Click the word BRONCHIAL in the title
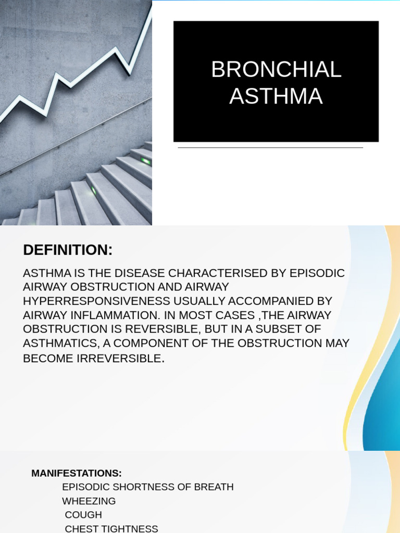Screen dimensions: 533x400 click(x=276, y=70)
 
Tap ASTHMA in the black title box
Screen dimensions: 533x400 click(x=276, y=97)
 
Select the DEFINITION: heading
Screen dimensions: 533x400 click(x=68, y=250)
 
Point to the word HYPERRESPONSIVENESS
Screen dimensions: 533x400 click(x=97, y=301)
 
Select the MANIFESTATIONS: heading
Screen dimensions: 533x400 click(x=77, y=473)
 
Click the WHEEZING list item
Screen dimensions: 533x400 click(x=89, y=501)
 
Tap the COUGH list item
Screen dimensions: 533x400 click(x=83, y=515)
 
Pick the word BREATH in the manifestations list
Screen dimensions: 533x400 click(x=214, y=487)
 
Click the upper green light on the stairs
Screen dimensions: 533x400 click(x=145, y=161)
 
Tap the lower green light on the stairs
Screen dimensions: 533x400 click(x=94, y=191)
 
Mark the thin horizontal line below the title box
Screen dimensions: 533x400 click(x=270, y=148)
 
